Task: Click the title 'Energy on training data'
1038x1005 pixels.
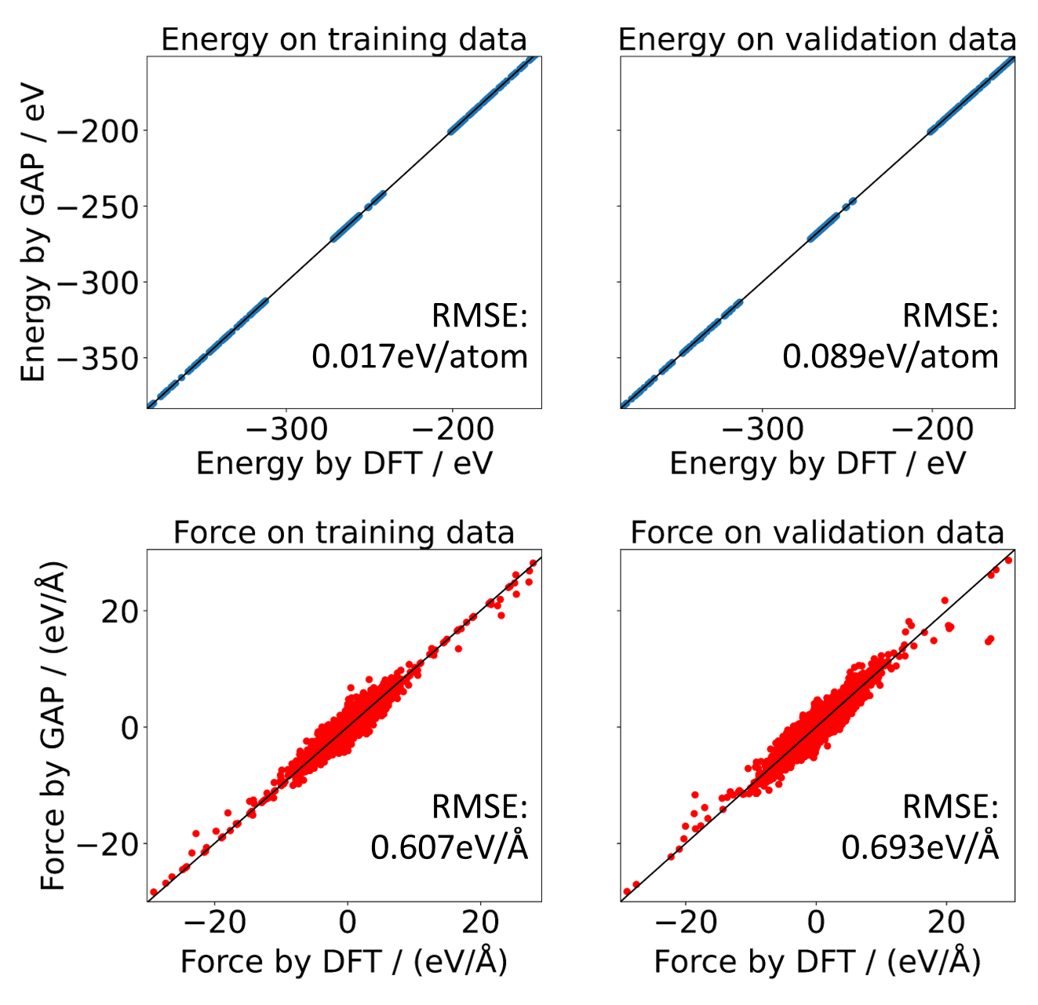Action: (344, 39)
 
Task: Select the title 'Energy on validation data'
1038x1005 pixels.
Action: (817, 39)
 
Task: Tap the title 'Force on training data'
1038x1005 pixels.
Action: (344, 532)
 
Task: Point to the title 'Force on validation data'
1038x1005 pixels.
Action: (817, 532)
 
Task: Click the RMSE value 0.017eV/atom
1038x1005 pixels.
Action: (420, 356)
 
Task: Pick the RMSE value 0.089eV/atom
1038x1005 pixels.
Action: (890, 356)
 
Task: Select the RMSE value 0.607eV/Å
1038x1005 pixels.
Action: (449, 848)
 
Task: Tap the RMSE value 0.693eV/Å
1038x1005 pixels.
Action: (920, 848)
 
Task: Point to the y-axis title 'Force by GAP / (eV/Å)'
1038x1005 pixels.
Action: (53, 726)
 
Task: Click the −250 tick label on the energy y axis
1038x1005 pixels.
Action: (97, 207)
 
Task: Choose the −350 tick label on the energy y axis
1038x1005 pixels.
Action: (97, 359)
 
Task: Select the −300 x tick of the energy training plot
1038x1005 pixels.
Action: (286, 429)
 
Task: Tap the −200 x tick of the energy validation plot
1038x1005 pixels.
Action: (932, 429)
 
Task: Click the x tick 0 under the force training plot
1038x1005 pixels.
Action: (348, 923)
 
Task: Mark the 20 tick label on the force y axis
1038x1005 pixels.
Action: (119, 611)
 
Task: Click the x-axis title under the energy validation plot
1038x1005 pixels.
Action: (817, 463)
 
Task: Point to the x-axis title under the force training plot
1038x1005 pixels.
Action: (344, 962)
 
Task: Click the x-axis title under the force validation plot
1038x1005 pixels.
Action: (817, 962)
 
